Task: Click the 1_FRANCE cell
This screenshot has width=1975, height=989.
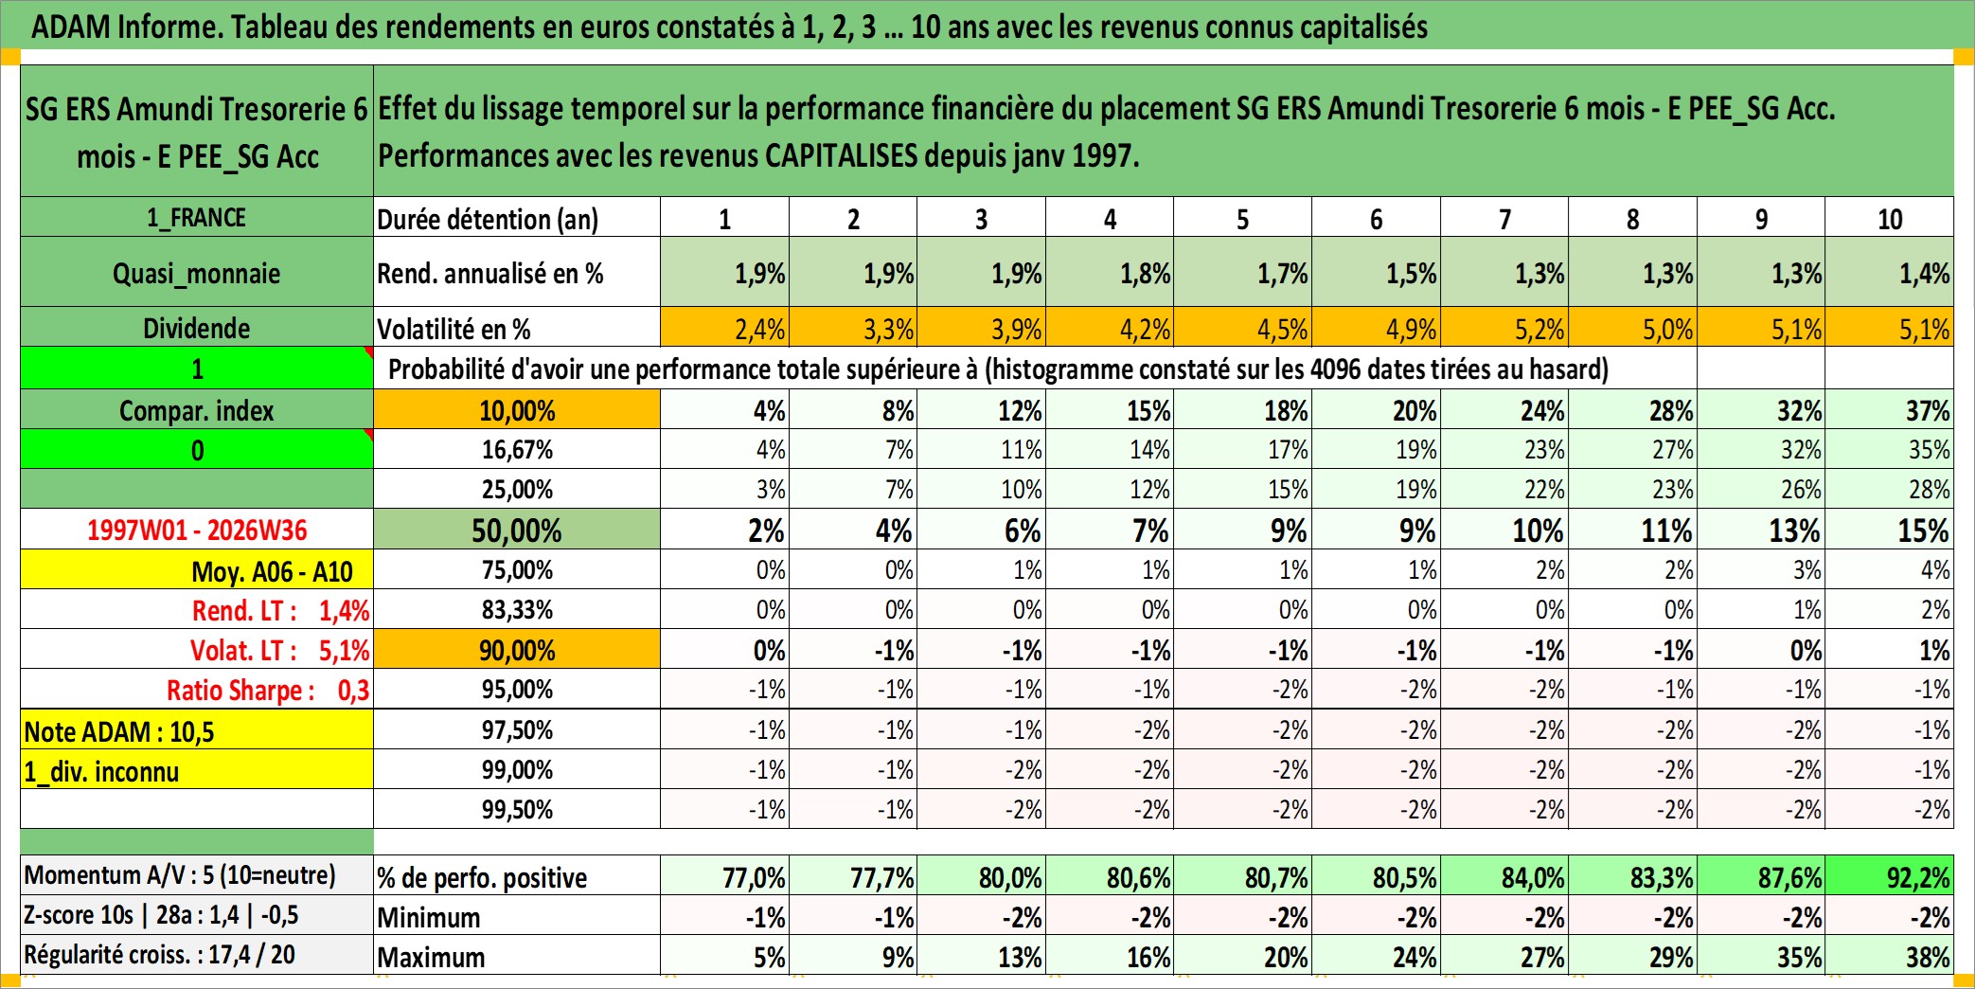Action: click(197, 218)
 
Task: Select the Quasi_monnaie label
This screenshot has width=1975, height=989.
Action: click(197, 274)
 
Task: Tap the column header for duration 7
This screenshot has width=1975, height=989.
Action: click(1504, 219)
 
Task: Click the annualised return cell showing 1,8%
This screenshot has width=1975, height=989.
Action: click(1110, 273)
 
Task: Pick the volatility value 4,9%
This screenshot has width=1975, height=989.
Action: click(1377, 328)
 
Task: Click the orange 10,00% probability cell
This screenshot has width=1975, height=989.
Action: click(517, 410)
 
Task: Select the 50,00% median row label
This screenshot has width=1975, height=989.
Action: click(517, 530)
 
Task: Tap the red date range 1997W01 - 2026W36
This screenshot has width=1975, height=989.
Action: click(197, 530)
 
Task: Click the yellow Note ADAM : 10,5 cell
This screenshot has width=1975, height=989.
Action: click(197, 730)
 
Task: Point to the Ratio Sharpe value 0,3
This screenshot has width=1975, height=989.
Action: click(354, 691)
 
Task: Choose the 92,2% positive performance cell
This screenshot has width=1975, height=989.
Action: click(1890, 877)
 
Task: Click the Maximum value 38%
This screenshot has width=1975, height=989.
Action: click(1890, 956)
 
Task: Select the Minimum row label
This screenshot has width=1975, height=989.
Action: click(429, 917)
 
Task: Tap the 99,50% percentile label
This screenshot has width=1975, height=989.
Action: click(517, 809)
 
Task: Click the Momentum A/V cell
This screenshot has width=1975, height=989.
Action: click(197, 875)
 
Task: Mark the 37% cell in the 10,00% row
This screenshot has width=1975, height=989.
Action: click(1890, 410)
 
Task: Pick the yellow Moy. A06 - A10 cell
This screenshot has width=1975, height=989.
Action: click(197, 570)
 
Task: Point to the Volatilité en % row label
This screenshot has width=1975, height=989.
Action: click(454, 329)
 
